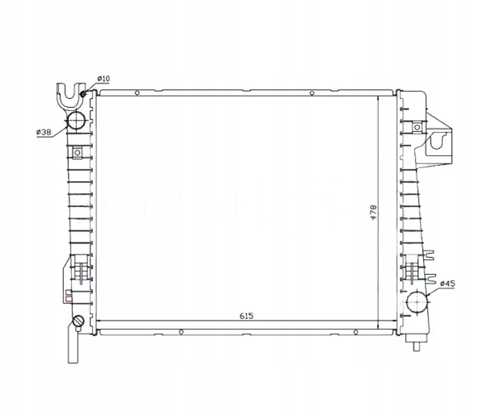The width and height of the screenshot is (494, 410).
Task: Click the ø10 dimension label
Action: coord(103,79)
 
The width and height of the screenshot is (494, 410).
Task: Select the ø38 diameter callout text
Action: coord(43,131)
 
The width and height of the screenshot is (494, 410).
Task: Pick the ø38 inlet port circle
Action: coord(77,121)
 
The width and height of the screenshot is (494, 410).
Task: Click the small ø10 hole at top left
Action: coord(83,92)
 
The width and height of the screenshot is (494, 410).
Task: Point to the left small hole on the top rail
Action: coord(137,92)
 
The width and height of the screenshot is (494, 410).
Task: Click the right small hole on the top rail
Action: coord(311,92)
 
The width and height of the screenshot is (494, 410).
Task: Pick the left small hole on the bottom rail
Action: coord(181,331)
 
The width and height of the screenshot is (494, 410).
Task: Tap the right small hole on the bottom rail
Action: coord(355,331)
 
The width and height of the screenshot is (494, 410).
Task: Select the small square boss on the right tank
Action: coord(416,127)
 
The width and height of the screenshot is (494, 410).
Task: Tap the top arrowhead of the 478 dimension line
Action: coord(378,98)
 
